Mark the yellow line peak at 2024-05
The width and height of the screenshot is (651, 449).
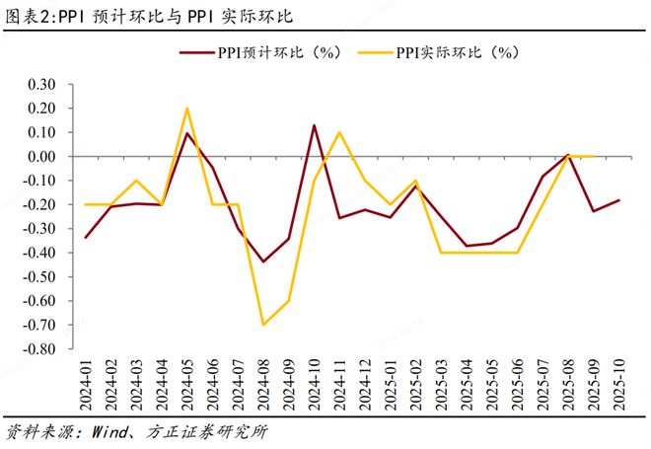pos(187,109)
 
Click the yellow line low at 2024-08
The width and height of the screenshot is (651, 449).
pos(263,325)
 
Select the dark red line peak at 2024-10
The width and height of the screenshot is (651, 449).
pos(314,125)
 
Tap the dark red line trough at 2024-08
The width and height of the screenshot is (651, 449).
pos(263,262)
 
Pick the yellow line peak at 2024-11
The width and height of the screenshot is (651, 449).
pos(339,132)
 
